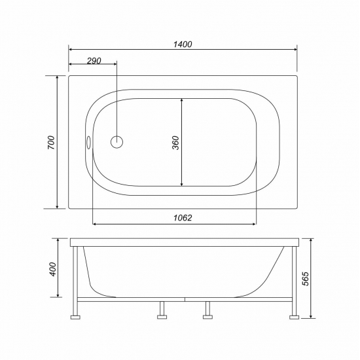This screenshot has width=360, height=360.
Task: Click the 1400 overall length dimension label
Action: (x=183, y=44)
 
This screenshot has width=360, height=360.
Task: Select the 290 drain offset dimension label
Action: (x=93, y=60)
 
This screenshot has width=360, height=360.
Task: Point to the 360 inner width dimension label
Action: (x=175, y=143)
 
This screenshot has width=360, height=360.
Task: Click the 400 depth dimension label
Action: (x=52, y=268)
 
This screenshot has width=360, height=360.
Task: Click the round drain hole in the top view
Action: (x=117, y=142)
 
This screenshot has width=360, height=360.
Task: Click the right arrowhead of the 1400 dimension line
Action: (x=295, y=50)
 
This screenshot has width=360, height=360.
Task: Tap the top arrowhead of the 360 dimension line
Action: (x=181, y=99)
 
